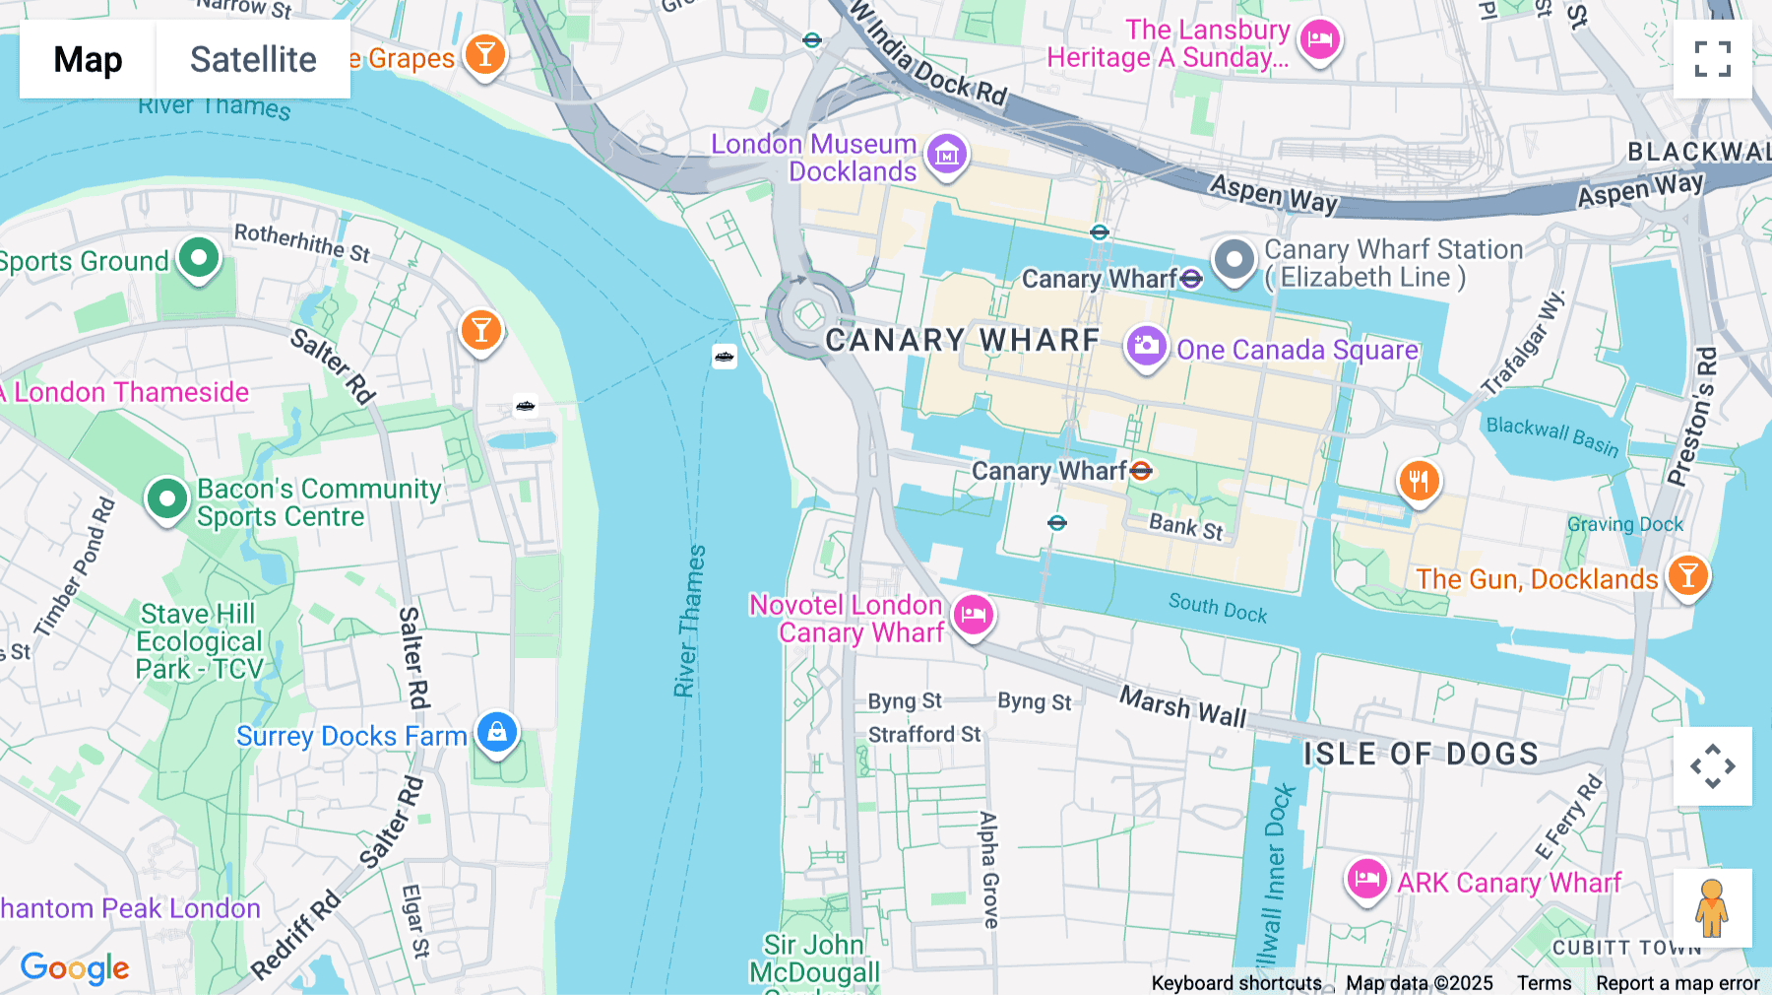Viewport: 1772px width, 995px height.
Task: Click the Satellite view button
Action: coord(252,60)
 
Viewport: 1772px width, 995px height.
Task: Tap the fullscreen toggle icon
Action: coord(1712,59)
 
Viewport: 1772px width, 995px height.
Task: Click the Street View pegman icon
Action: coord(1712,908)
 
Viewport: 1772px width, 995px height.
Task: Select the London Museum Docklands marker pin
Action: coord(947,154)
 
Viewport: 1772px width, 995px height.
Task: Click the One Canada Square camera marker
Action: coord(1146,347)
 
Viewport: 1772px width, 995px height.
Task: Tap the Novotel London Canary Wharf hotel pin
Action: coord(974,615)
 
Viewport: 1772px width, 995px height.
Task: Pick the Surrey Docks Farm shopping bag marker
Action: coord(497,732)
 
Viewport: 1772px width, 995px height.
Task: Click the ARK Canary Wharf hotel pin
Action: coord(1366,879)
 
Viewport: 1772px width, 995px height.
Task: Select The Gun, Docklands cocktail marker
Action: coord(1687,575)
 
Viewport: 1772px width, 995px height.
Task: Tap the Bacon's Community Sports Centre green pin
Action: coord(166,498)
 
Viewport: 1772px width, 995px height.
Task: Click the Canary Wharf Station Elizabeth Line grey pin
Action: coord(1234,260)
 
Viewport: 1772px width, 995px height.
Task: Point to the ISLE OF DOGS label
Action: coord(1421,754)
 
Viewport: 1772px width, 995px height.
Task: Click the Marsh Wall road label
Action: coord(1182,706)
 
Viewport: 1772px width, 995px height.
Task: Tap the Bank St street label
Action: coord(1185,527)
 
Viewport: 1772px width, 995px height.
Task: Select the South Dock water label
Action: coord(1217,608)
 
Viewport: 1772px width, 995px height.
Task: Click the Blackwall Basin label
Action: coord(1551,435)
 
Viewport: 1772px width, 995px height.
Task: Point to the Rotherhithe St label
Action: coord(301,242)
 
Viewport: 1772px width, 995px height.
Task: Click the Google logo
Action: coord(75,967)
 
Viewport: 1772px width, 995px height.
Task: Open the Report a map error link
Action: coord(1677,983)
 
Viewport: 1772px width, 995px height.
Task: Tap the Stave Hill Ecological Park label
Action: coord(199,641)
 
